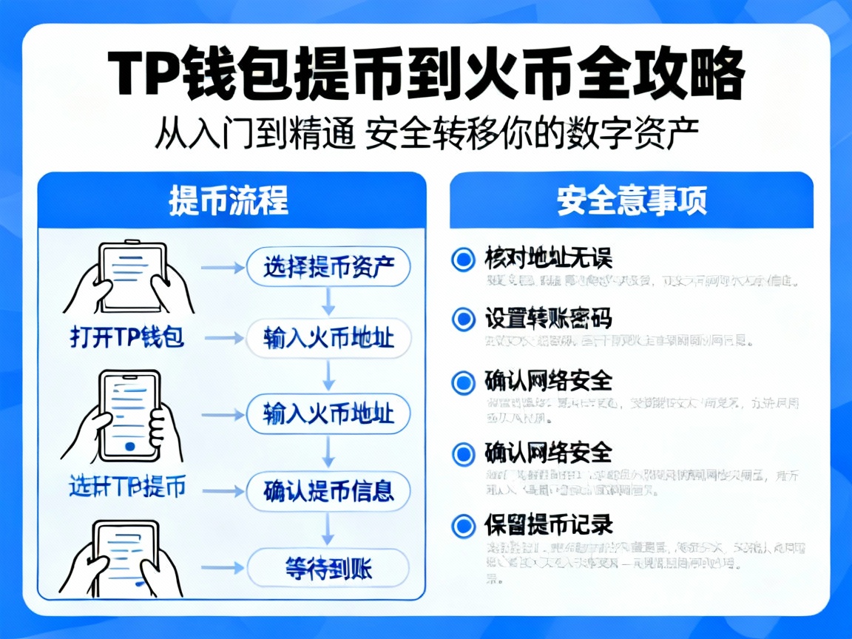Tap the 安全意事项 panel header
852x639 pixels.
click(632, 200)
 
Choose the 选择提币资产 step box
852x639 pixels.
click(327, 267)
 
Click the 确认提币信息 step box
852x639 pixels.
click(327, 490)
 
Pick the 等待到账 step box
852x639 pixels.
click(327, 568)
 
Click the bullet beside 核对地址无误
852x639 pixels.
click(463, 260)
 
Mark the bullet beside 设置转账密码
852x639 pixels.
click(463, 319)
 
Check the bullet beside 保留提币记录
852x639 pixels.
click(463, 526)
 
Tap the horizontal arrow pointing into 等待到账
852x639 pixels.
click(222, 568)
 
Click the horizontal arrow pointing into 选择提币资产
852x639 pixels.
click(222, 267)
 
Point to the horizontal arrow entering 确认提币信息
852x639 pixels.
click(222, 490)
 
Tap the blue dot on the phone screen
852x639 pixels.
click(130, 446)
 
